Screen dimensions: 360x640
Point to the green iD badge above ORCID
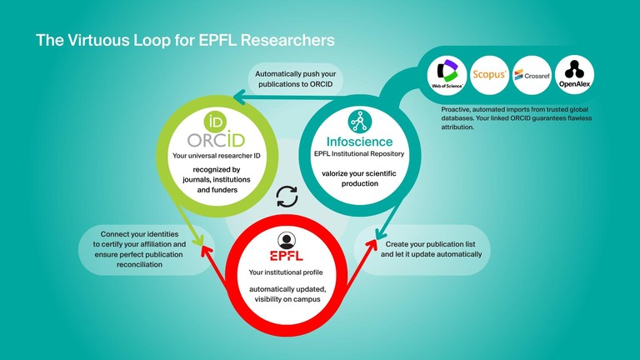[x=194, y=117]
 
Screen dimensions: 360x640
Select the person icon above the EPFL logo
[x=286, y=237]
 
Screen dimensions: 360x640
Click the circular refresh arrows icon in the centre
[x=287, y=197]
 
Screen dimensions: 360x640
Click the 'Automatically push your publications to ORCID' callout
[x=305, y=79]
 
